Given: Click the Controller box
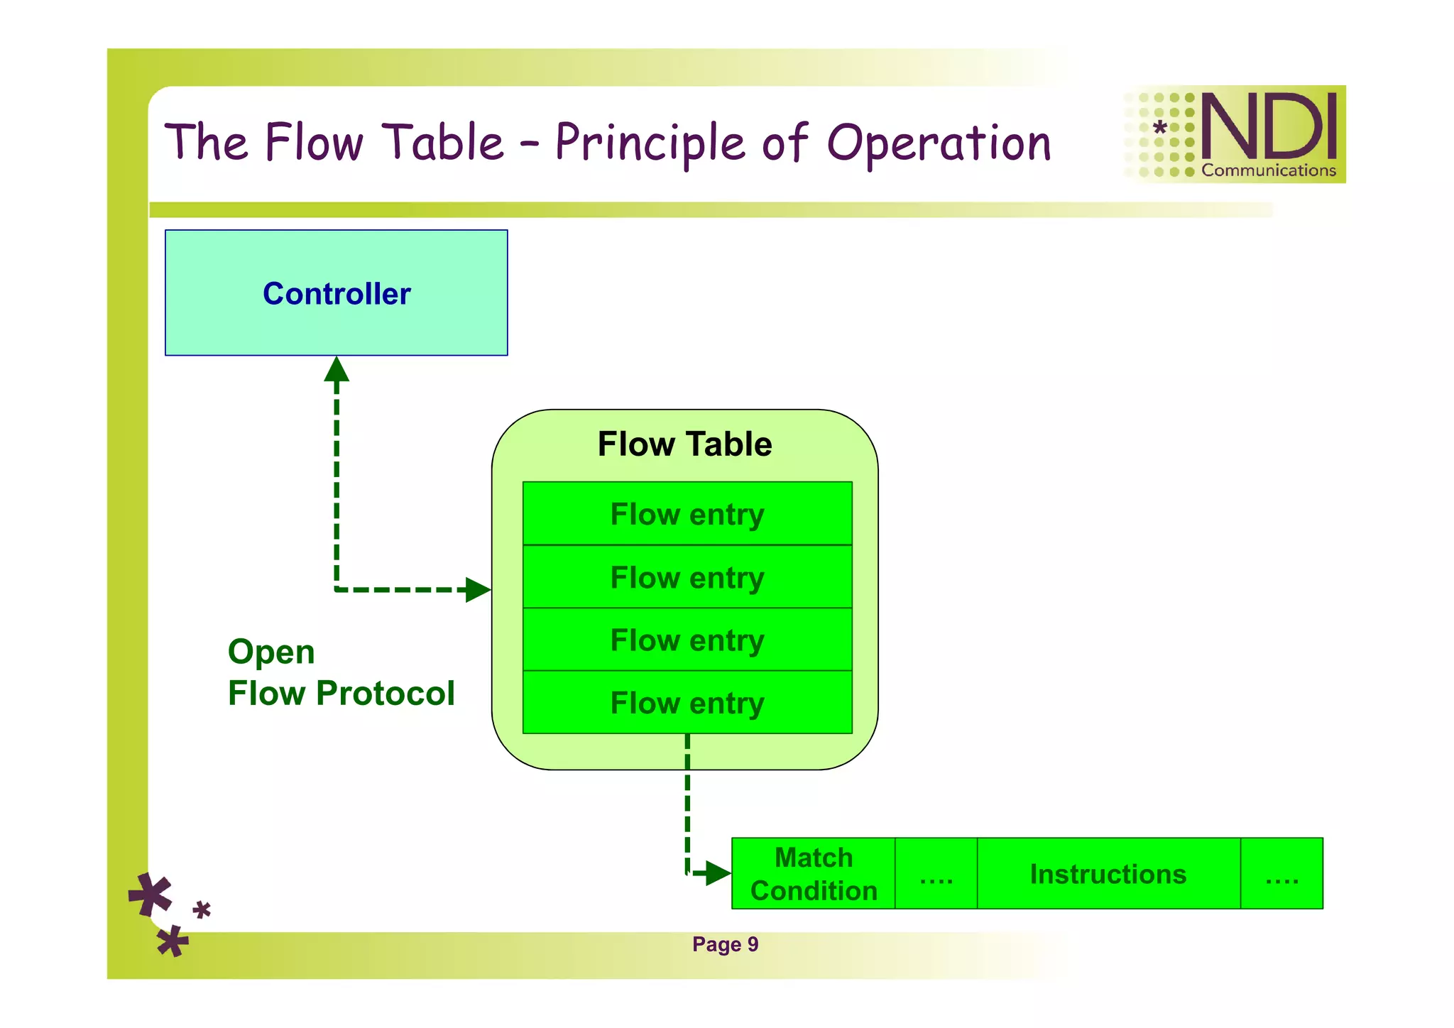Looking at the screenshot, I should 336,292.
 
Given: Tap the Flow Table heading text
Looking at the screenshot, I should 684,444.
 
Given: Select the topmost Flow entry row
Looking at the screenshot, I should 687,514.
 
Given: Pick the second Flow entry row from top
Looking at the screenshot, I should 687,577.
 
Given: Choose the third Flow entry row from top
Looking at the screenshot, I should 687,640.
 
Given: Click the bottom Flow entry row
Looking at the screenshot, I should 687,703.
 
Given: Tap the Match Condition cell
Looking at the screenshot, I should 814,874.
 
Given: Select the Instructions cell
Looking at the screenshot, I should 1108,874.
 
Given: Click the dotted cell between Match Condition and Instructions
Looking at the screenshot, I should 936,874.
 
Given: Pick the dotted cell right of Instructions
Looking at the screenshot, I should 1281,874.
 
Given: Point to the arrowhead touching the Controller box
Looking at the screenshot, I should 337,369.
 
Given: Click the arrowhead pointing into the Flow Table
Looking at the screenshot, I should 477,589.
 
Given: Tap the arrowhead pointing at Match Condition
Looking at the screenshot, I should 718,873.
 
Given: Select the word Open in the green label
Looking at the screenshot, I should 271,652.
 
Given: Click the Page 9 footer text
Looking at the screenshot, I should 725,944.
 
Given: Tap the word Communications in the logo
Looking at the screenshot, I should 1269,170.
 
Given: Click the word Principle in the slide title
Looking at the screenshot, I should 650,142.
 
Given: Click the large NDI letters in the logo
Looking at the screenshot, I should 1269,126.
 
